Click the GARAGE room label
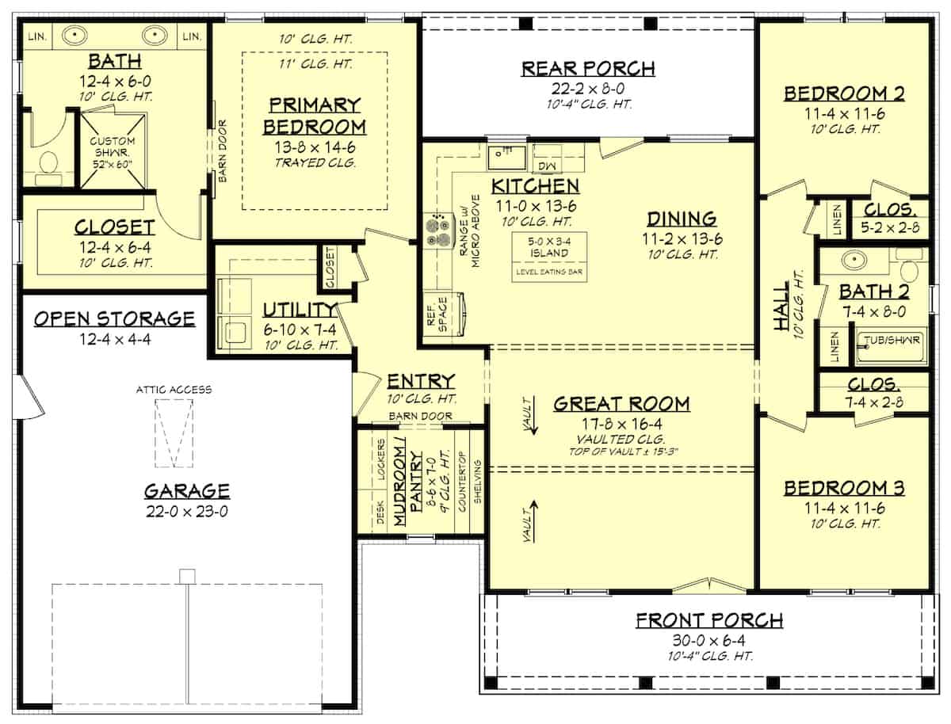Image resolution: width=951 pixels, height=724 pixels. tap(186, 491)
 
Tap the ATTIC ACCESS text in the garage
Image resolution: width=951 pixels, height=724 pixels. tap(173, 389)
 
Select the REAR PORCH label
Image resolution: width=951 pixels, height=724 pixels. tap(587, 69)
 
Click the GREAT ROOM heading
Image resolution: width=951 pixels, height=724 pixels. tap(621, 404)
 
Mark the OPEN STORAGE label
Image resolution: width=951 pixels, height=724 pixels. tap(115, 318)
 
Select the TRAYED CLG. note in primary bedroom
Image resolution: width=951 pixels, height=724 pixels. tap(314, 163)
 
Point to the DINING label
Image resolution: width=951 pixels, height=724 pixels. tap(682, 219)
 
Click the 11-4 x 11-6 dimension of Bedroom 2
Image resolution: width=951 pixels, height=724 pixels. tap(844, 113)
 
